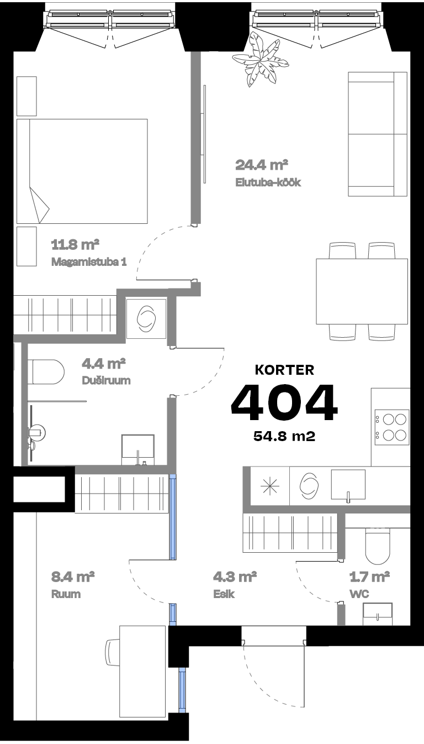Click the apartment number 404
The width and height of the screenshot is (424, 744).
click(x=284, y=402)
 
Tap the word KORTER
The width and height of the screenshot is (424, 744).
click(x=284, y=370)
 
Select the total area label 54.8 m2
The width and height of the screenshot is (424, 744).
click(x=284, y=436)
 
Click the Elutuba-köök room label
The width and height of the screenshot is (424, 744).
click(x=268, y=182)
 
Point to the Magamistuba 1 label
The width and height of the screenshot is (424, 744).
click(x=89, y=261)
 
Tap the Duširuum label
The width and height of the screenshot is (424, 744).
click(x=106, y=381)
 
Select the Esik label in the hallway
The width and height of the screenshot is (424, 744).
click(x=225, y=594)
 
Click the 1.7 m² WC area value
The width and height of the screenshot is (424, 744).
click(x=370, y=578)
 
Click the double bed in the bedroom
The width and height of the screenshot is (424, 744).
click(x=82, y=171)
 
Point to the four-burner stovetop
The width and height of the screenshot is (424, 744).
click(x=391, y=426)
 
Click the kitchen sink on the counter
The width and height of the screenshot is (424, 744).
click(x=348, y=485)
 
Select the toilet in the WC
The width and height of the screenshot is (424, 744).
click(x=378, y=544)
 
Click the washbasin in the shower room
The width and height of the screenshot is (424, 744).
click(x=137, y=448)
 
